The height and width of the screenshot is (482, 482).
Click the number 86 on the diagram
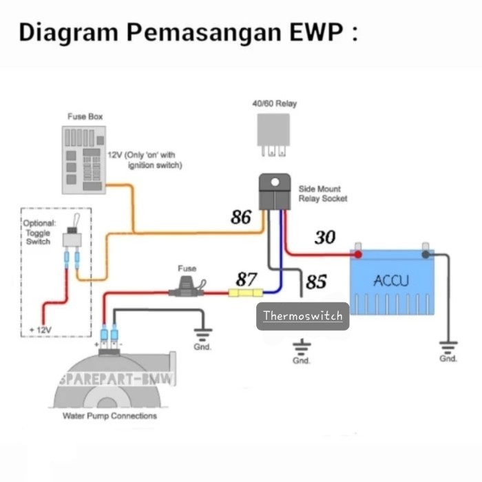pos(241,218)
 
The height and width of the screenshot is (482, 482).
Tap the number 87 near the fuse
pos(247,279)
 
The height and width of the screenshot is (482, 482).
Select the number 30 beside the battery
pos(325,238)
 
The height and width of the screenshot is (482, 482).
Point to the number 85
pos(315,282)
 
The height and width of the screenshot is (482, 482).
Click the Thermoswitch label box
pos(303,317)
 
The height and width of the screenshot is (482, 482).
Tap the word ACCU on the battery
pos(391,281)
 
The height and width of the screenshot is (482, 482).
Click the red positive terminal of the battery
pos(358,254)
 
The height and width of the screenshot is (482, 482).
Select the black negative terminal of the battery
pos(426,254)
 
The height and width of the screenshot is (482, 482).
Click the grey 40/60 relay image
pos(274,131)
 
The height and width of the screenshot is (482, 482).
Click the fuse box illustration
pos(83,159)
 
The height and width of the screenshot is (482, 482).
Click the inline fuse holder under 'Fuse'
pos(187,290)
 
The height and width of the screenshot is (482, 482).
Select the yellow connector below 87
pos(244,293)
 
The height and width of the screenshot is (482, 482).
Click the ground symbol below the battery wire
pos(448,346)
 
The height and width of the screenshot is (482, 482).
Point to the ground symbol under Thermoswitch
pos(301,347)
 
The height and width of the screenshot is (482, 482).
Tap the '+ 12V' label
pos(41,331)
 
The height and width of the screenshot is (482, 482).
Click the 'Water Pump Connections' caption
pos(109,416)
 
